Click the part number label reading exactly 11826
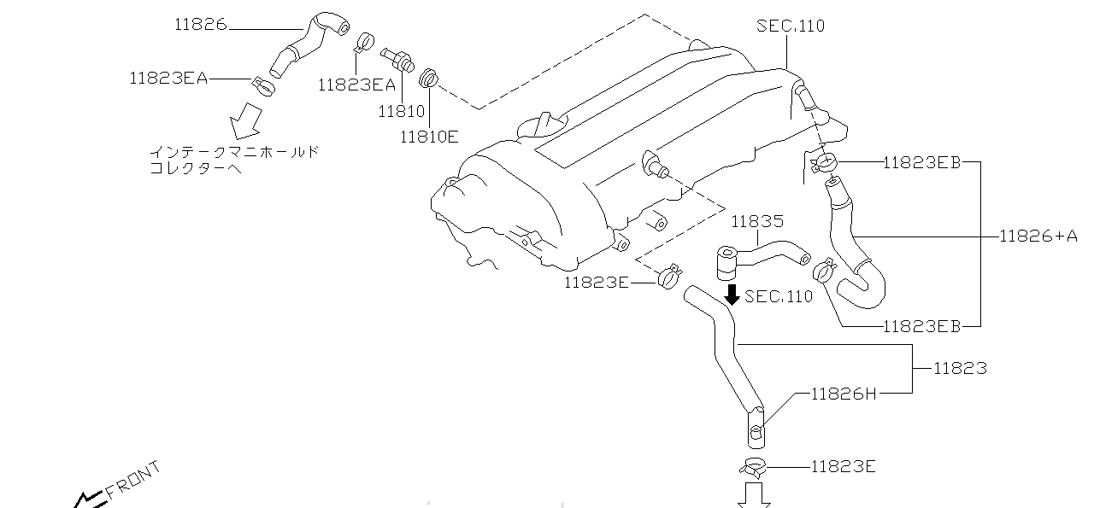tap(201, 25)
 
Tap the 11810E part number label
tap(428, 135)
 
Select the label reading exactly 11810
tap(401, 111)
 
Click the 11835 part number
tap(756, 222)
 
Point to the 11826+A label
tap(1038, 236)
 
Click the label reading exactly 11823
tap(960, 369)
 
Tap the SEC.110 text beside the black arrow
tap(779, 296)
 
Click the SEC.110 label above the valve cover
tap(791, 26)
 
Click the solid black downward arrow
tap(732, 295)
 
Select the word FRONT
tap(133, 481)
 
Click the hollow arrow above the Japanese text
tap(248, 120)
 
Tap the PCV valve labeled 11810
tap(398, 59)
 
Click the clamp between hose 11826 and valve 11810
tap(365, 43)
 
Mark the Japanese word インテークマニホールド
tap(234, 152)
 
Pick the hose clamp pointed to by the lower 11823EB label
tap(824, 271)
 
